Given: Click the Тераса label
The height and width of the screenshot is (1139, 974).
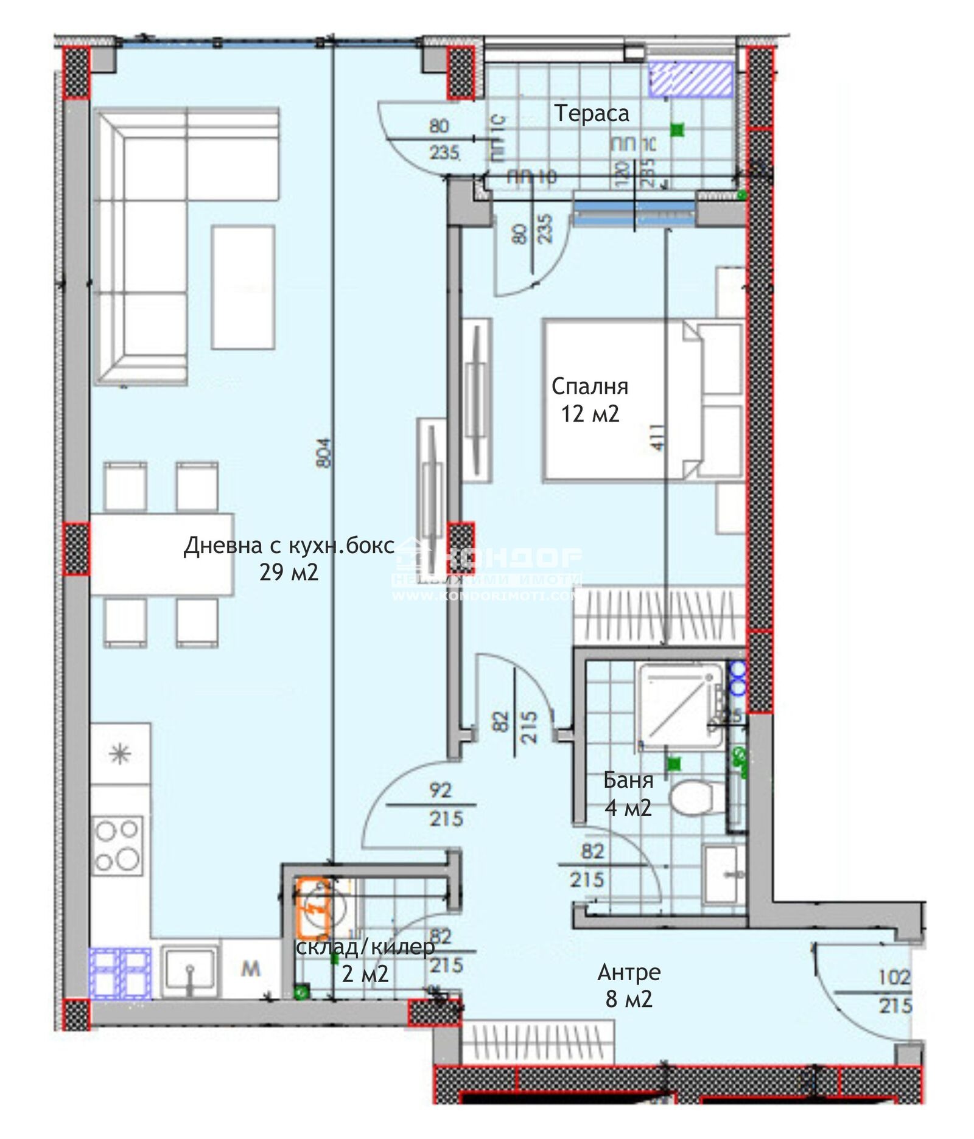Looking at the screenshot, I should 591,114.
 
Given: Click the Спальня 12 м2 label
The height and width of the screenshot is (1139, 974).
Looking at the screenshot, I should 589,400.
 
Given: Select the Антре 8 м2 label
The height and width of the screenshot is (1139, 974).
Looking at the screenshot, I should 629,985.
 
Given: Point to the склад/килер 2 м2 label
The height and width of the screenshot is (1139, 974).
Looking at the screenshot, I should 365,960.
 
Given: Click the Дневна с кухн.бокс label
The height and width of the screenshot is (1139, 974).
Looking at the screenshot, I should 289,546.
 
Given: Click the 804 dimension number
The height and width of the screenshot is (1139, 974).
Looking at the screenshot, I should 324,453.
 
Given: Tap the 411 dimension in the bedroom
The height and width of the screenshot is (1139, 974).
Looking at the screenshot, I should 657,437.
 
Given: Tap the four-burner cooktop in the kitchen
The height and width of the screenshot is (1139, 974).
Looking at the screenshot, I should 117,846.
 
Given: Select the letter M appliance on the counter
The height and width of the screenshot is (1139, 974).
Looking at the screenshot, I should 250,969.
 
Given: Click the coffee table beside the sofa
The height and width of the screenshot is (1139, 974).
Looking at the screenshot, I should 243,287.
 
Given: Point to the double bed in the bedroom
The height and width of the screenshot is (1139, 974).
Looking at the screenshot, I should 621,400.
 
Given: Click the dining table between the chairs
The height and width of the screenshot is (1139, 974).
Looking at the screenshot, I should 162,554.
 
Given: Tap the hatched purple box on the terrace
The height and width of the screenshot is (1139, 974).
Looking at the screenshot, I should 690,79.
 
